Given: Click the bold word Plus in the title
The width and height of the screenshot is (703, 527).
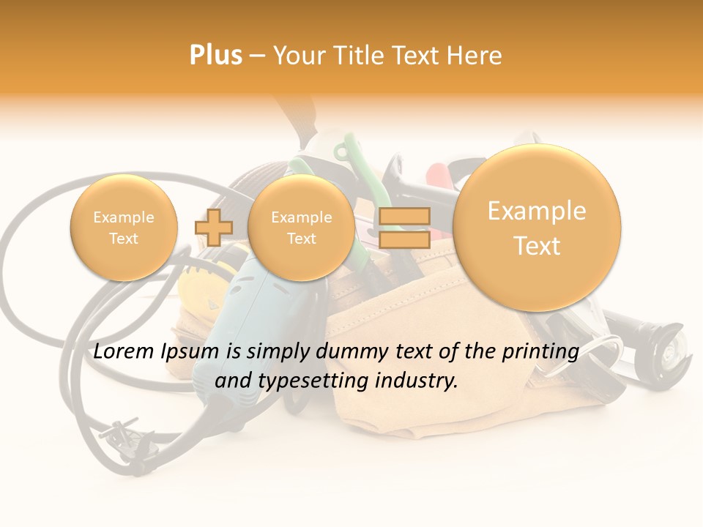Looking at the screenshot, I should tap(215, 55).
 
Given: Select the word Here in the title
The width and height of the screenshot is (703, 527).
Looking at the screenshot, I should tap(475, 55).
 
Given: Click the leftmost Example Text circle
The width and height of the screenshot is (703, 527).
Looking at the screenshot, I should tap(123, 228).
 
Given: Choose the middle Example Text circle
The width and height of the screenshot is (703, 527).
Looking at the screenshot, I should tap(301, 228).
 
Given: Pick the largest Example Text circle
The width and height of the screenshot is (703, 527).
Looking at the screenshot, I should tap(537, 228).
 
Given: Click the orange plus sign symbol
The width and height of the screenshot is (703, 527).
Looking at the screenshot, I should tap(214, 227).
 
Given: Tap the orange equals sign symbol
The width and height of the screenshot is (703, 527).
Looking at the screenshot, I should tap(404, 227).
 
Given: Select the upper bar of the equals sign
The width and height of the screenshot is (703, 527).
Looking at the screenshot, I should tap(404, 216).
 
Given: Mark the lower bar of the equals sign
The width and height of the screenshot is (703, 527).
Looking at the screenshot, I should tap(404, 239).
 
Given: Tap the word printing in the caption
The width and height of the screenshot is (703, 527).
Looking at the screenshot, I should tap(540, 351).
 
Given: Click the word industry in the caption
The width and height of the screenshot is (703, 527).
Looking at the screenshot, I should tap(420, 381).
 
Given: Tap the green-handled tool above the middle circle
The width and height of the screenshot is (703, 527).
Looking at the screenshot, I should tap(344, 157).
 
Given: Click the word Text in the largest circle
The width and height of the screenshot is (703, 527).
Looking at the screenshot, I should tap(537, 246).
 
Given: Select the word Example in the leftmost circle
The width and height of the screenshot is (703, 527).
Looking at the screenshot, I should tap(123, 217).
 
